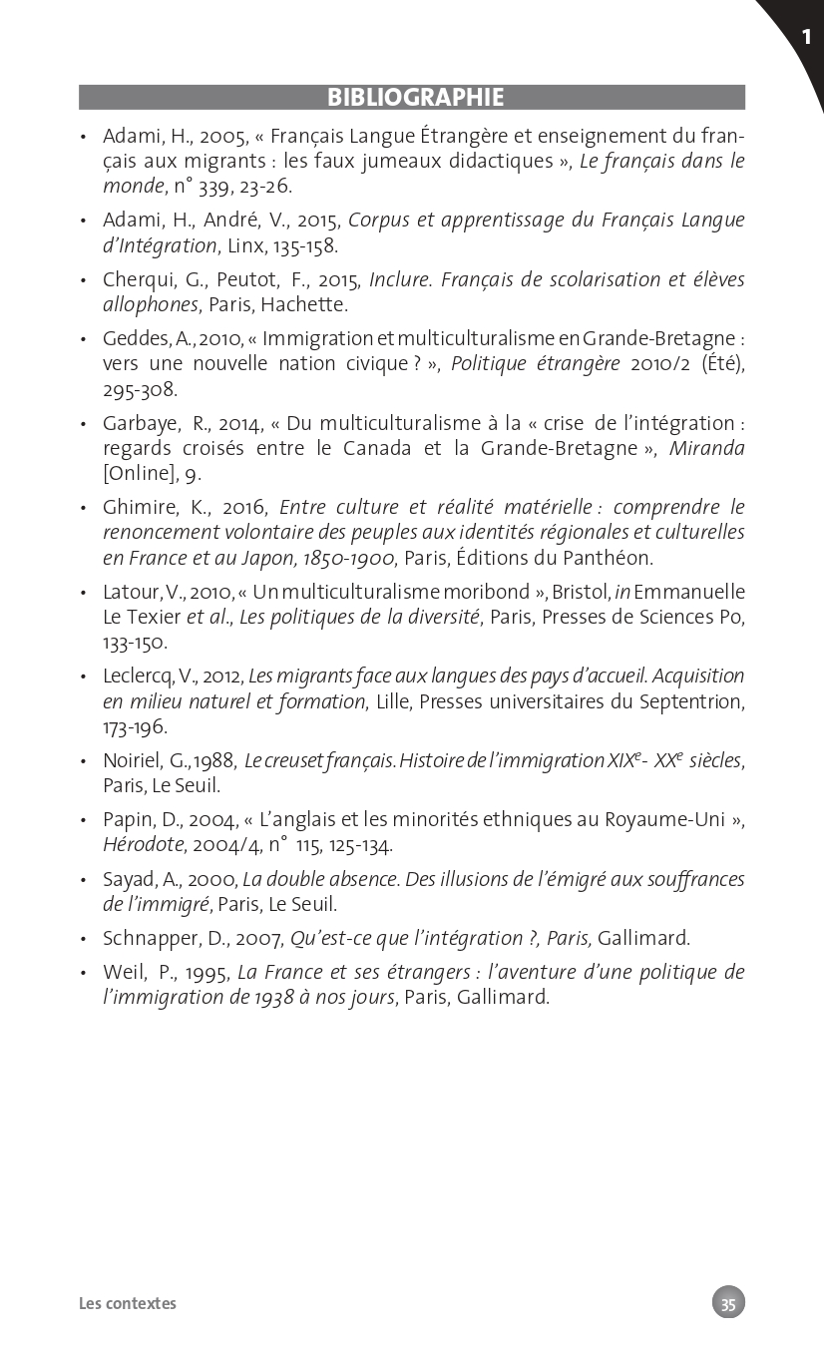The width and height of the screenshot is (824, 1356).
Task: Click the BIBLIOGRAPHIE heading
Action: coord(415,98)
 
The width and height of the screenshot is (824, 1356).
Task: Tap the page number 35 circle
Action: coord(728,1303)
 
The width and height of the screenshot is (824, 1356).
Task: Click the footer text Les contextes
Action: coord(128,1303)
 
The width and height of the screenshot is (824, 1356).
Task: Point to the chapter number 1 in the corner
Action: coord(806,38)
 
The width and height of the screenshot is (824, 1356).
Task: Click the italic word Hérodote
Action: coord(143,845)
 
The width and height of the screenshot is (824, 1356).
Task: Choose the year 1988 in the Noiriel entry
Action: coord(213,761)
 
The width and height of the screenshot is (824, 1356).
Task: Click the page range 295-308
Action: coord(140,389)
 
